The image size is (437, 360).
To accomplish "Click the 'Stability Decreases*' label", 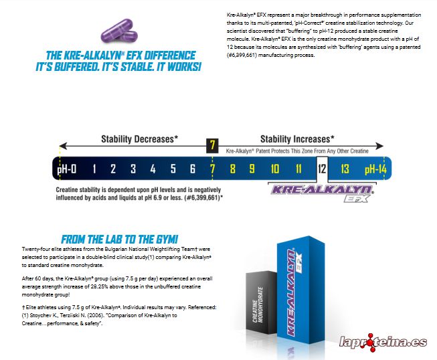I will [x=139, y=139].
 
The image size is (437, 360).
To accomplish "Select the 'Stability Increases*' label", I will [x=297, y=139].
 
